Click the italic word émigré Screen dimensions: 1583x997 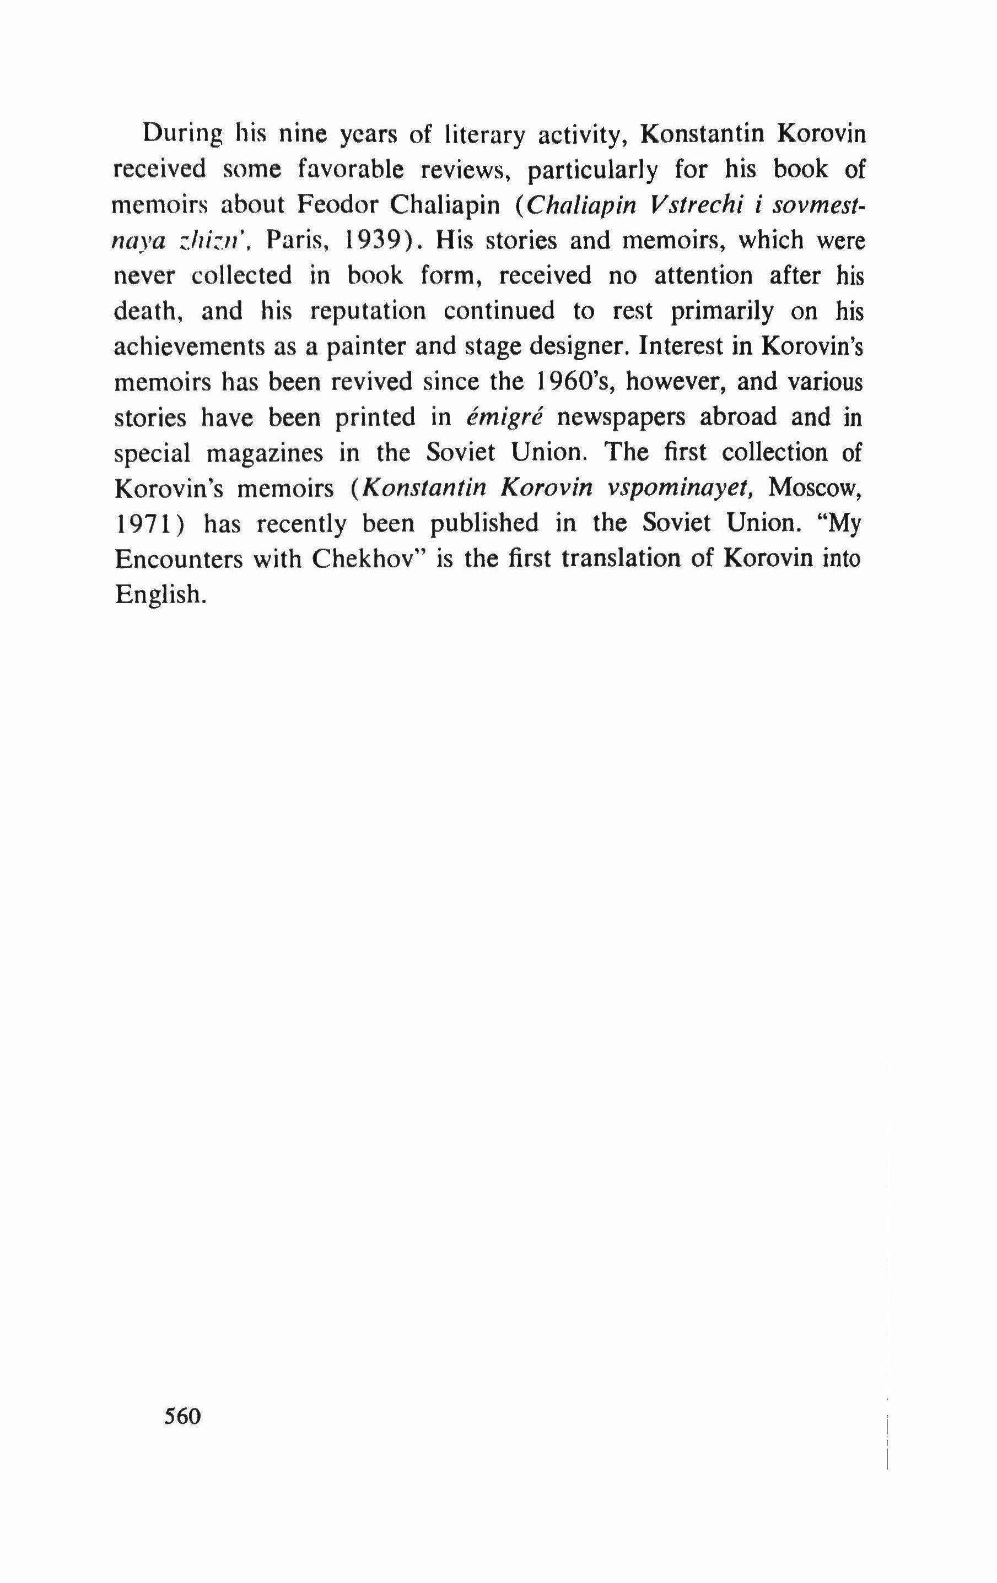coord(503,417)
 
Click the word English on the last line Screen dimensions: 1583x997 coord(157,595)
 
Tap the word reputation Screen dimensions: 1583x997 coord(368,311)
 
